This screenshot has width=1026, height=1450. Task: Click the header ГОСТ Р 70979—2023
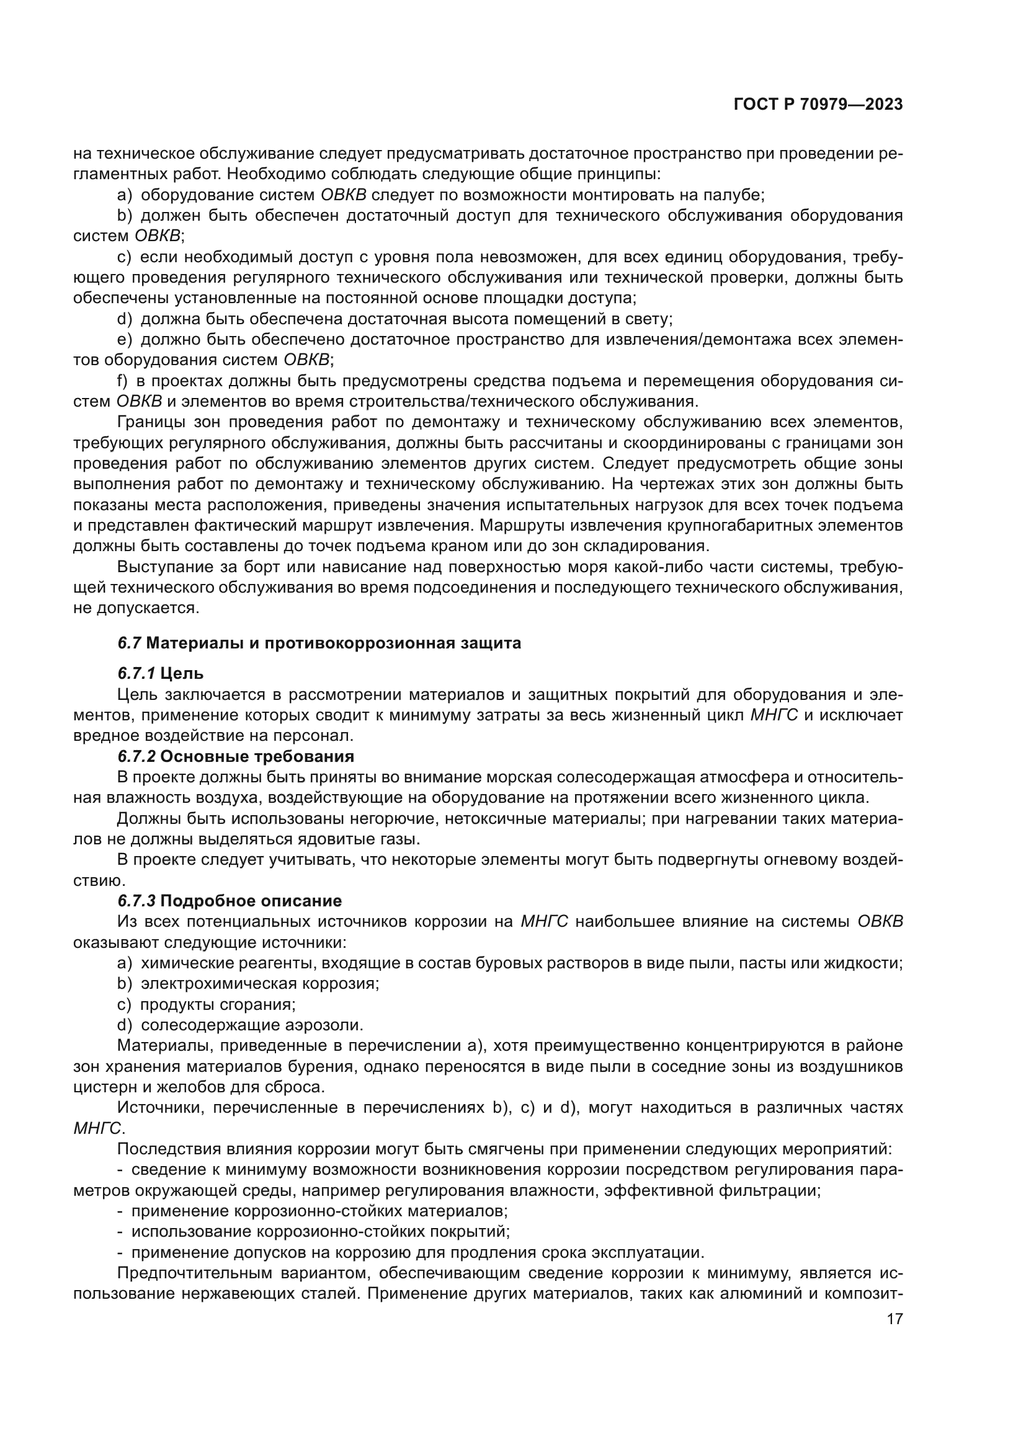(x=818, y=105)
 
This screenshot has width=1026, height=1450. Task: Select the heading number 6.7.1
(x=136, y=674)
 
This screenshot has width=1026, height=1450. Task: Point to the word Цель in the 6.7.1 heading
(x=182, y=674)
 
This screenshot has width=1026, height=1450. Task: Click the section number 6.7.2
(x=136, y=756)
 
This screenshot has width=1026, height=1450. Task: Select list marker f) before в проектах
(x=123, y=381)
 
